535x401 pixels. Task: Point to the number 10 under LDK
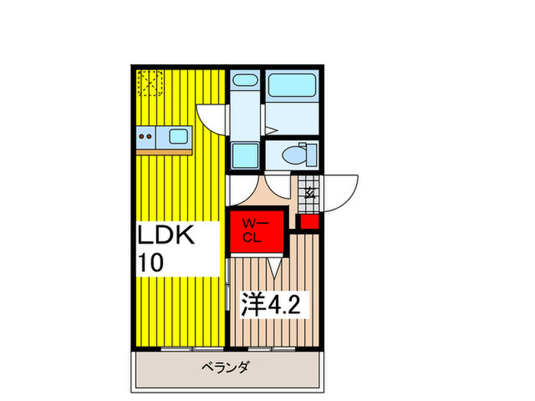[x=151, y=263]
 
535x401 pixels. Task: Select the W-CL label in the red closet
[x=254, y=228]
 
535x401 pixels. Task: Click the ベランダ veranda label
[x=226, y=367]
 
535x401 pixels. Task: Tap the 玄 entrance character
[x=310, y=192]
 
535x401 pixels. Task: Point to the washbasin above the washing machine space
[x=245, y=82]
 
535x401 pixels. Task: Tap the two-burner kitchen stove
[x=147, y=138]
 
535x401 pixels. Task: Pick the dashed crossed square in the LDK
[x=150, y=82]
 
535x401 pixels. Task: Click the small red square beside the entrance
[x=309, y=222]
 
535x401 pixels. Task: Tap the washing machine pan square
[x=245, y=154]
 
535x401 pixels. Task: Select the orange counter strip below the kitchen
[x=164, y=152]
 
